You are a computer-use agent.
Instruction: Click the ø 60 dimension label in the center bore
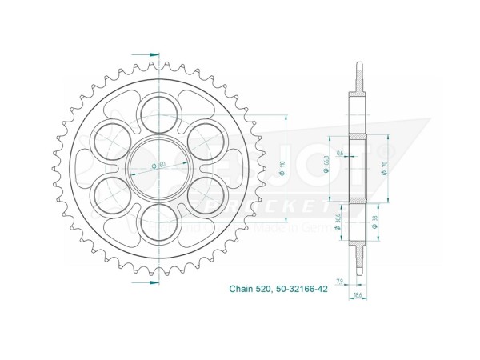tap(158, 166)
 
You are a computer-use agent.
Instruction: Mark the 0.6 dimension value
tap(340, 152)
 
